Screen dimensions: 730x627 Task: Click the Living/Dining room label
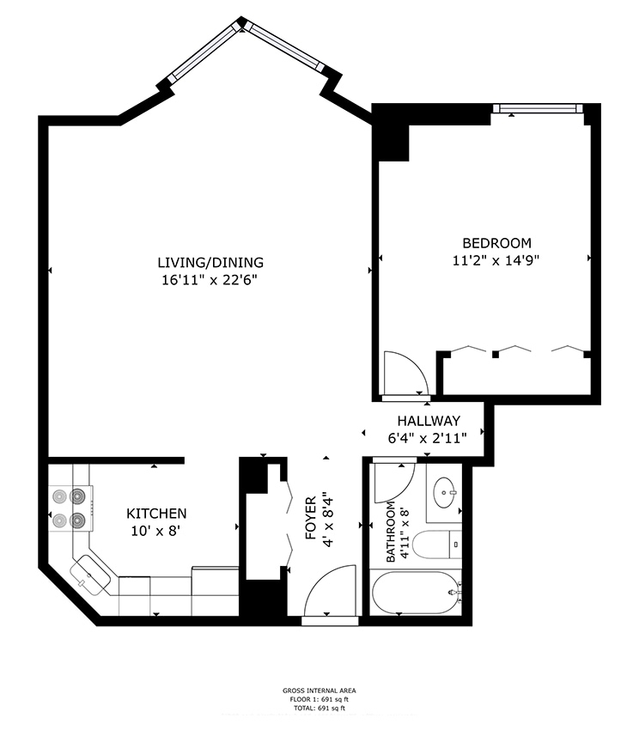pyautogui.click(x=210, y=262)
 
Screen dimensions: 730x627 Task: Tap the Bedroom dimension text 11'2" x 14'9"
pyautogui.click(x=496, y=259)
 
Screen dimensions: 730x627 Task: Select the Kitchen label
pyautogui.click(x=156, y=513)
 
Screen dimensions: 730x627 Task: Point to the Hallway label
pyautogui.click(x=428, y=421)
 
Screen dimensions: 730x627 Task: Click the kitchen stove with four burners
pyautogui.click(x=70, y=508)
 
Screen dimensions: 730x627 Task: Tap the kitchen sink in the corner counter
pyautogui.click(x=89, y=571)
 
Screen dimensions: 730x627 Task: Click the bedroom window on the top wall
pyautogui.click(x=539, y=108)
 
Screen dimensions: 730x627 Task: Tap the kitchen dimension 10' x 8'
pyautogui.click(x=156, y=530)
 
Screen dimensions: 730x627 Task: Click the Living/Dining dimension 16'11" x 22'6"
pyautogui.click(x=210, y=279)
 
